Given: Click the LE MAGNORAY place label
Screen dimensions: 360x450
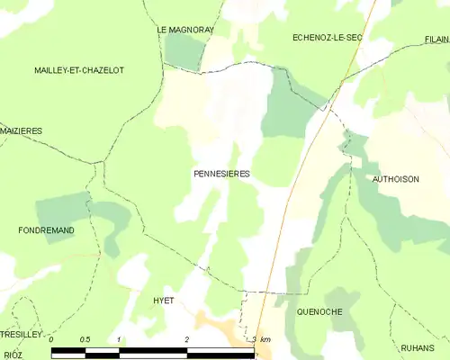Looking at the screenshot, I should point(185,30).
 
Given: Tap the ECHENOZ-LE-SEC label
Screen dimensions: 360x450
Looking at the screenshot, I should point(328,37).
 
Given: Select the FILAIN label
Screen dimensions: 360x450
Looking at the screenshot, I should point(436,40).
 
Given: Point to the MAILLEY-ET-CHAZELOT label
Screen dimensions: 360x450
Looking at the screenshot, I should point(79,70).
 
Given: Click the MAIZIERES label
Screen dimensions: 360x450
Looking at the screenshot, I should point(21,131).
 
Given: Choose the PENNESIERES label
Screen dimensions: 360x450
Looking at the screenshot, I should point(221,173).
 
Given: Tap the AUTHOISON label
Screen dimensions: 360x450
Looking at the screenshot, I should point(396,179).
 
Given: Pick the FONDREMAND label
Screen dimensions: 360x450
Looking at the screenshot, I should point(46,230).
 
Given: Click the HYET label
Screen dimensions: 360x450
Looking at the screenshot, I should point(163,301).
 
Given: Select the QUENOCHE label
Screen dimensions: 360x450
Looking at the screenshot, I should point(319,311).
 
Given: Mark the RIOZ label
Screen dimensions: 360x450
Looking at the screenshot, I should point(13,355).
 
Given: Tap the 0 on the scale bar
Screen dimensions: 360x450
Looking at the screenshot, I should point(51,339).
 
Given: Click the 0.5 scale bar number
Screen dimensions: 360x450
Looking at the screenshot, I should point(85,339).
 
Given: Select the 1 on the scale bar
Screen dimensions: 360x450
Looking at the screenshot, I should point(119,339).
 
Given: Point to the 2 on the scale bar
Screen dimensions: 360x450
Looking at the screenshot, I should point(186,339).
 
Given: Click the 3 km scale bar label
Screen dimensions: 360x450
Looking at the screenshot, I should point(261,339).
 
